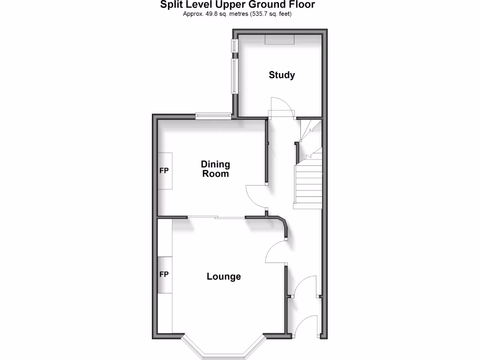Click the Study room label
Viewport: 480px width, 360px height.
(282, 75)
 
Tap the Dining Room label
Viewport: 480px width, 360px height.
(216, 169)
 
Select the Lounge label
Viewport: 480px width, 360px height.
(224, 277)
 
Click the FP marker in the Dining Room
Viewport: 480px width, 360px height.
(164, 171)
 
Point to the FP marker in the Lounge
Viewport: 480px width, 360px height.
(164, 274)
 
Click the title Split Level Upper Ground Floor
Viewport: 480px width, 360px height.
(237, 5)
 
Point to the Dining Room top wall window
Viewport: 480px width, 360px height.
(213, 116)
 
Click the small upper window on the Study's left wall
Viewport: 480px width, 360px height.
(234, 45)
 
